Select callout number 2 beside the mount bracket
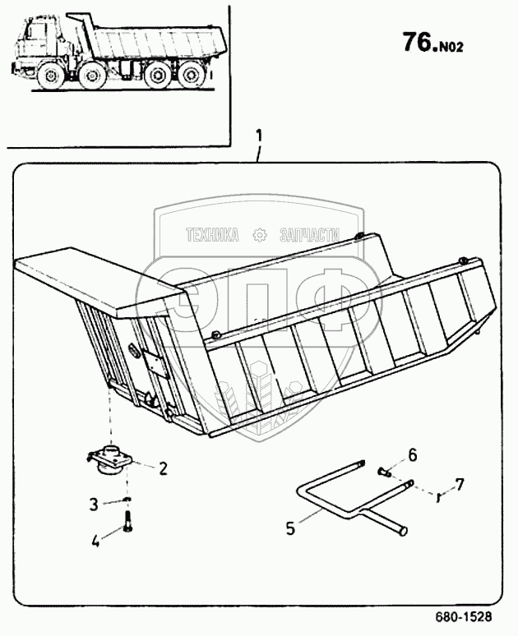point(163,469)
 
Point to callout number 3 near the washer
point(95,503)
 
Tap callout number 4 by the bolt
point(95,540)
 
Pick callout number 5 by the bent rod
point(289,527)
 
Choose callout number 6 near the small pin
point(413,454)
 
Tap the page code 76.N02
point(432,43)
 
